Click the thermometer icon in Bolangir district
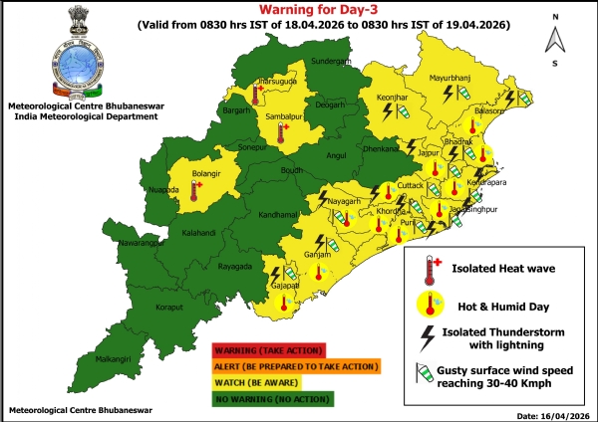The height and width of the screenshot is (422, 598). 196,191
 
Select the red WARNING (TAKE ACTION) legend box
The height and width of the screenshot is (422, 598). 268,349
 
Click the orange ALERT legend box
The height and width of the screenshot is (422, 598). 296,366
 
